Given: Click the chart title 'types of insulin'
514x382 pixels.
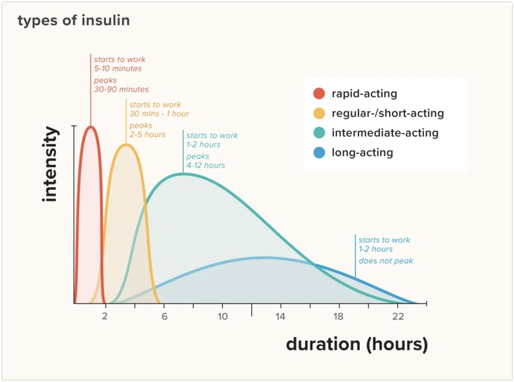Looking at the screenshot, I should click(73, 21).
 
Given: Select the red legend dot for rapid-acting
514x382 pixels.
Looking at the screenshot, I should click(319, 94).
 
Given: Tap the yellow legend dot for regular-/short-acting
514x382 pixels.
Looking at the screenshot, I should click(319, 114).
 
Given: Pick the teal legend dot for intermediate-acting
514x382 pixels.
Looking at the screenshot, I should click(319, 134).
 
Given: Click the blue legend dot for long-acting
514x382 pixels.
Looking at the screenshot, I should click(319, 153).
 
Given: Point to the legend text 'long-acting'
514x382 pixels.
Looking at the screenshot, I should click(362, 153).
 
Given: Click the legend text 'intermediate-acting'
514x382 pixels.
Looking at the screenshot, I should click(385, 134).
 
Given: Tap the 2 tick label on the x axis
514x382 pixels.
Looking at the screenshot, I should click(105, 317).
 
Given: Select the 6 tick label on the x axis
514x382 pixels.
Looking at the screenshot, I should click(164, 317).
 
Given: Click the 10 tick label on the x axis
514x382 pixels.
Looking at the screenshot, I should click(222, 317).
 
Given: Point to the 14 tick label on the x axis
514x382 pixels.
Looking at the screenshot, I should click(281, 317).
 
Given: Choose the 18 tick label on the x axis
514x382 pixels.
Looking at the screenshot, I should click(339, 317).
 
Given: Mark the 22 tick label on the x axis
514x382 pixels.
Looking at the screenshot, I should click(398, 317).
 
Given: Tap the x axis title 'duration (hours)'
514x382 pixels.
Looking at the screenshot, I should click(357, 344).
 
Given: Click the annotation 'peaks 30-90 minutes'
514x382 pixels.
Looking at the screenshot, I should click(121, 85).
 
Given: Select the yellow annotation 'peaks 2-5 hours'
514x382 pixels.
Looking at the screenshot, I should click(147, 130).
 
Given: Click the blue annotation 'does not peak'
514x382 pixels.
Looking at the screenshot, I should click(385, 261).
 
